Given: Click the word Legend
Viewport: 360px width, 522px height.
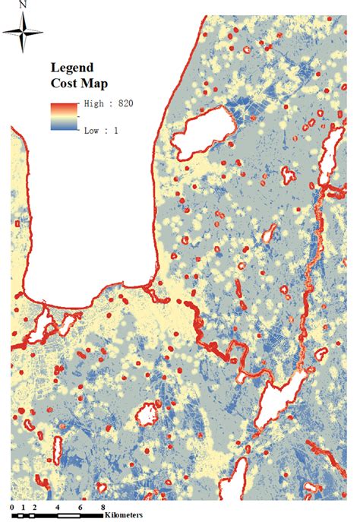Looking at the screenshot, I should click(72, 66).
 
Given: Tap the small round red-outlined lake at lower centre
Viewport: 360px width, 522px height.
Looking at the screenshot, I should click(146, 413).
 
